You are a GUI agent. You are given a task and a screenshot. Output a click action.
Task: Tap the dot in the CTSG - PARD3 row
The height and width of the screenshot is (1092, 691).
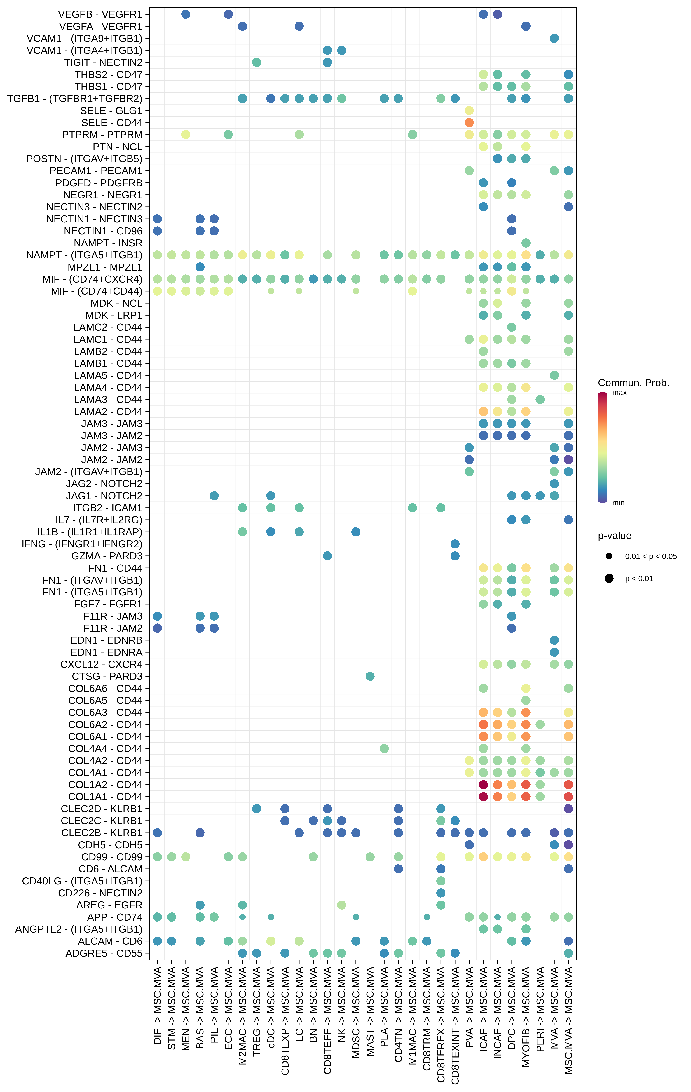(370, 676)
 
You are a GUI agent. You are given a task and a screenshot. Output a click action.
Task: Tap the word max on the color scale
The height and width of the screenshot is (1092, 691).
(619, 393)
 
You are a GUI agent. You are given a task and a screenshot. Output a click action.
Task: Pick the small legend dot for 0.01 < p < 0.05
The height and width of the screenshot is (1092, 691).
(609, 556)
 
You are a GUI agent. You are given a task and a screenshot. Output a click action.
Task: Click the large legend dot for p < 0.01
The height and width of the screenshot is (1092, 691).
(609, 578)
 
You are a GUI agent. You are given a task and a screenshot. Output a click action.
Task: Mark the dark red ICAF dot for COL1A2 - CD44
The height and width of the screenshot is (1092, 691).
(483, 785)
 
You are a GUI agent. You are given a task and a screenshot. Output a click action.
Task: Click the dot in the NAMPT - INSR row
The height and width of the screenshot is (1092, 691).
(526, 243)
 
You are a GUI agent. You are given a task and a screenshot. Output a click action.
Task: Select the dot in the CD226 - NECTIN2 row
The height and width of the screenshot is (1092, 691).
(441, 893)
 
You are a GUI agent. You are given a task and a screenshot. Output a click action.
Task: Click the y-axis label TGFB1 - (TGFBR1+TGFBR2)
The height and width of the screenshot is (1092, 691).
(75, 98)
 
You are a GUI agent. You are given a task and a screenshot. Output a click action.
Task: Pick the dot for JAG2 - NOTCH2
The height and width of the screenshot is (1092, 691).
(554, 483)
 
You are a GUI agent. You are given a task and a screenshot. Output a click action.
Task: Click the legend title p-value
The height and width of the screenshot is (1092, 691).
(614, 536)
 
